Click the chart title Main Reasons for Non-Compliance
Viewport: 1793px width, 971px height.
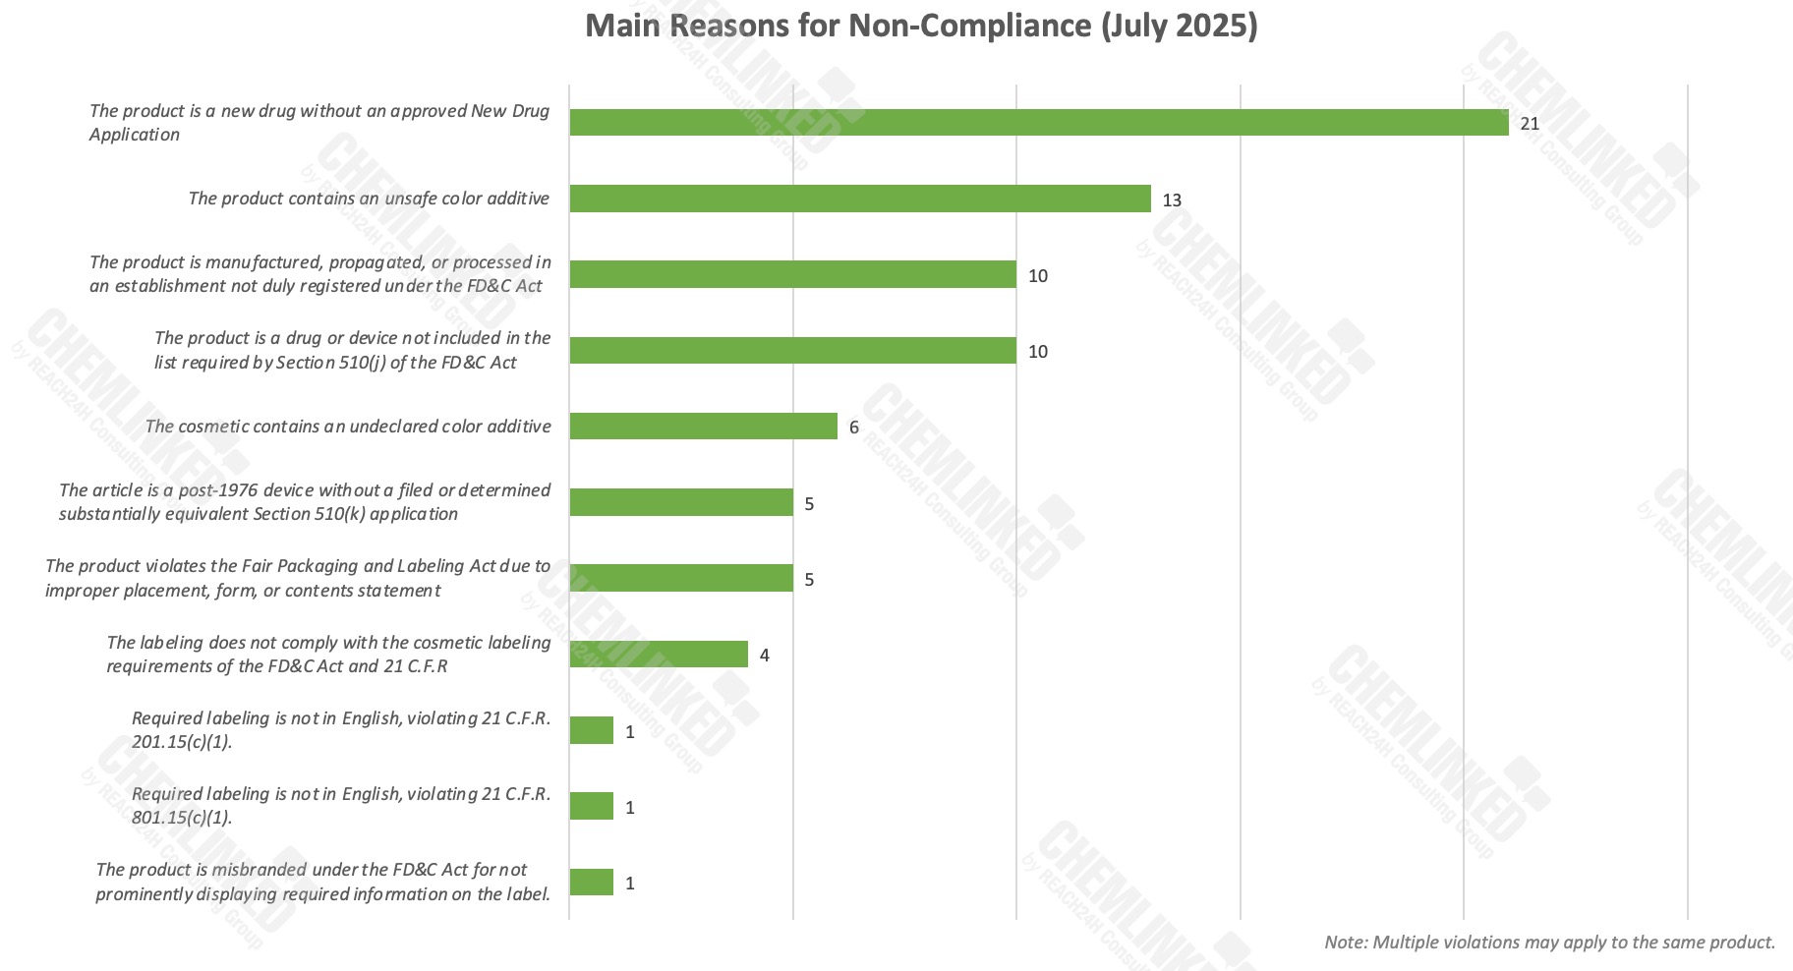coord(921,26)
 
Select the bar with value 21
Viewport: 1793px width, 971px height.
coord(1038,123)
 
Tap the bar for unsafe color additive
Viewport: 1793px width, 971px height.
coord(859,199)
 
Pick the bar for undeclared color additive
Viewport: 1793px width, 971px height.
coord(703,427)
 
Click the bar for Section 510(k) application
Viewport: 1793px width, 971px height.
coord(680,502)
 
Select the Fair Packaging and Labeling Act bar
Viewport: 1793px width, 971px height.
coord(680,578)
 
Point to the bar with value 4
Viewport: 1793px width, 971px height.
coord(658,655)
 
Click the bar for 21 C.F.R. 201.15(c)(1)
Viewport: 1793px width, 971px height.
coord(591,730)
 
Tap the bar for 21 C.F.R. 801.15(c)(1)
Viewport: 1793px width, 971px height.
coord(591,807)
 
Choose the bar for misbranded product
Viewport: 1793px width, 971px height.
coord(591,883)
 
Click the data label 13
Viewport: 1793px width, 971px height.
coord(1172,200)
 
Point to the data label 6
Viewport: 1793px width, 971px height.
coord(854,428)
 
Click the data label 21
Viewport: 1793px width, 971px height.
coord(1530,124)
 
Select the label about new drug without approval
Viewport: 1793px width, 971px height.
coord(318,123)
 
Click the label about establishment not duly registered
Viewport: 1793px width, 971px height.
coord(319,274)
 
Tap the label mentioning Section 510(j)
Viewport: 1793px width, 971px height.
coord(351,350)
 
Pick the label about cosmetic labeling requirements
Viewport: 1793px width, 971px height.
coord(328,655)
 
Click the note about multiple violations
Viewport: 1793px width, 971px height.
coord(1549,942)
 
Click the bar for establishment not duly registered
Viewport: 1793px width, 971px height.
coord(792,274)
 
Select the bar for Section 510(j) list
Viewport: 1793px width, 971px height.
coord(792,351)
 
